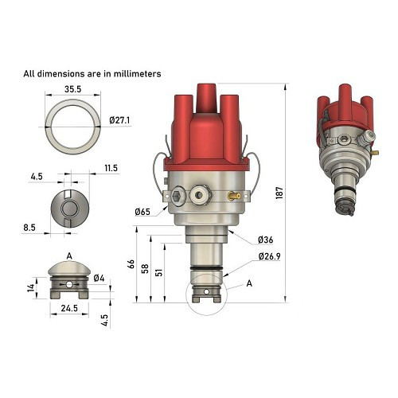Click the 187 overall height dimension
click(x=279, y=193)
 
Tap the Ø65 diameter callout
click(x=142, y=212)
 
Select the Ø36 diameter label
click(x=265, y=240)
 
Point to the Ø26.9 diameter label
click(x=269, y=256)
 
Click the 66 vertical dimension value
click(x=131, y=264)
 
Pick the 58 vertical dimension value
click(x=145, y=268)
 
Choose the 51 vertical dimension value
click(x=158, y=272)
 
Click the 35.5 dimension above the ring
click(x=72, y=89)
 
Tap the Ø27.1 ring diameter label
click(x=119, y=120)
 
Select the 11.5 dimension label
click(x=111, y=168)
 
